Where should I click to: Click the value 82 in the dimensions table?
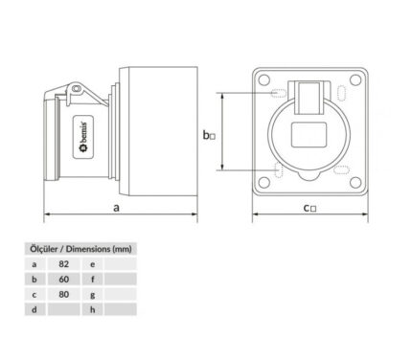point(64,264)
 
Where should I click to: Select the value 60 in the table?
point(64,280)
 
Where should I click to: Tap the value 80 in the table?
point(64,294)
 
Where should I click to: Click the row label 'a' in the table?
point(34,264)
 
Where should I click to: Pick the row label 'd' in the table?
point(34,309)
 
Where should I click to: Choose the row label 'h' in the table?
point(93,309)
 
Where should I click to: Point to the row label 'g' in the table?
point(93,295)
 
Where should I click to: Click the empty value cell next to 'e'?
point(121,264)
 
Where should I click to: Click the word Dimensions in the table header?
point(88,249)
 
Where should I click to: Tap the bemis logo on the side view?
point(83,137)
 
